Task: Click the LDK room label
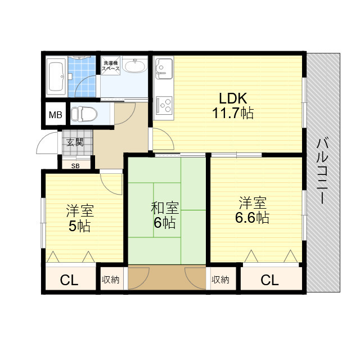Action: (233, 98)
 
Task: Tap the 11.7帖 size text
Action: (233, 113)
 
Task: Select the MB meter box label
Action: (56, 115)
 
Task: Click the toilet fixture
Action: (84, 114)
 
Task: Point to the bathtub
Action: (56, 76)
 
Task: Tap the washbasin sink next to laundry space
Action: (135, 65)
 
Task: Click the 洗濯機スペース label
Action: (111, 66)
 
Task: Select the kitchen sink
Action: (164, 68)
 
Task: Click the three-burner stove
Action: (164, 105)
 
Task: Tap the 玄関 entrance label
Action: (75, 142)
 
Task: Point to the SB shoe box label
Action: (75, 166)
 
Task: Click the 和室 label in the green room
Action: (165, 208)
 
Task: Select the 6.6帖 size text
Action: (252, 218)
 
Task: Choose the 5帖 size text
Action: (79, 226)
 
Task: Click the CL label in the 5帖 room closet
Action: (69, 280)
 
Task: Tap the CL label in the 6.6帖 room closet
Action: (269, 280)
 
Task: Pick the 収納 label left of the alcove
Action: (111, 280)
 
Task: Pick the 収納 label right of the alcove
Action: (220, 280)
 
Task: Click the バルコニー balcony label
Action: (322, 170)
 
